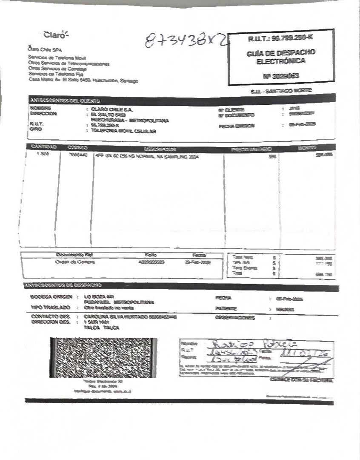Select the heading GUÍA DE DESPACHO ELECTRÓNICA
click(x=280, y=57)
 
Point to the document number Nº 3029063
click(x=281, y=76)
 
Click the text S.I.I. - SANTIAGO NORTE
click(x=281, y=91)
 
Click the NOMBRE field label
click(x=41, y=109)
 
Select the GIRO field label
click(x=36, y=130)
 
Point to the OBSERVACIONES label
click(x=235, y=318)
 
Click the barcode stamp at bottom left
click(x=103, y=358)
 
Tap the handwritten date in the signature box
click(x=304, y=354)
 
